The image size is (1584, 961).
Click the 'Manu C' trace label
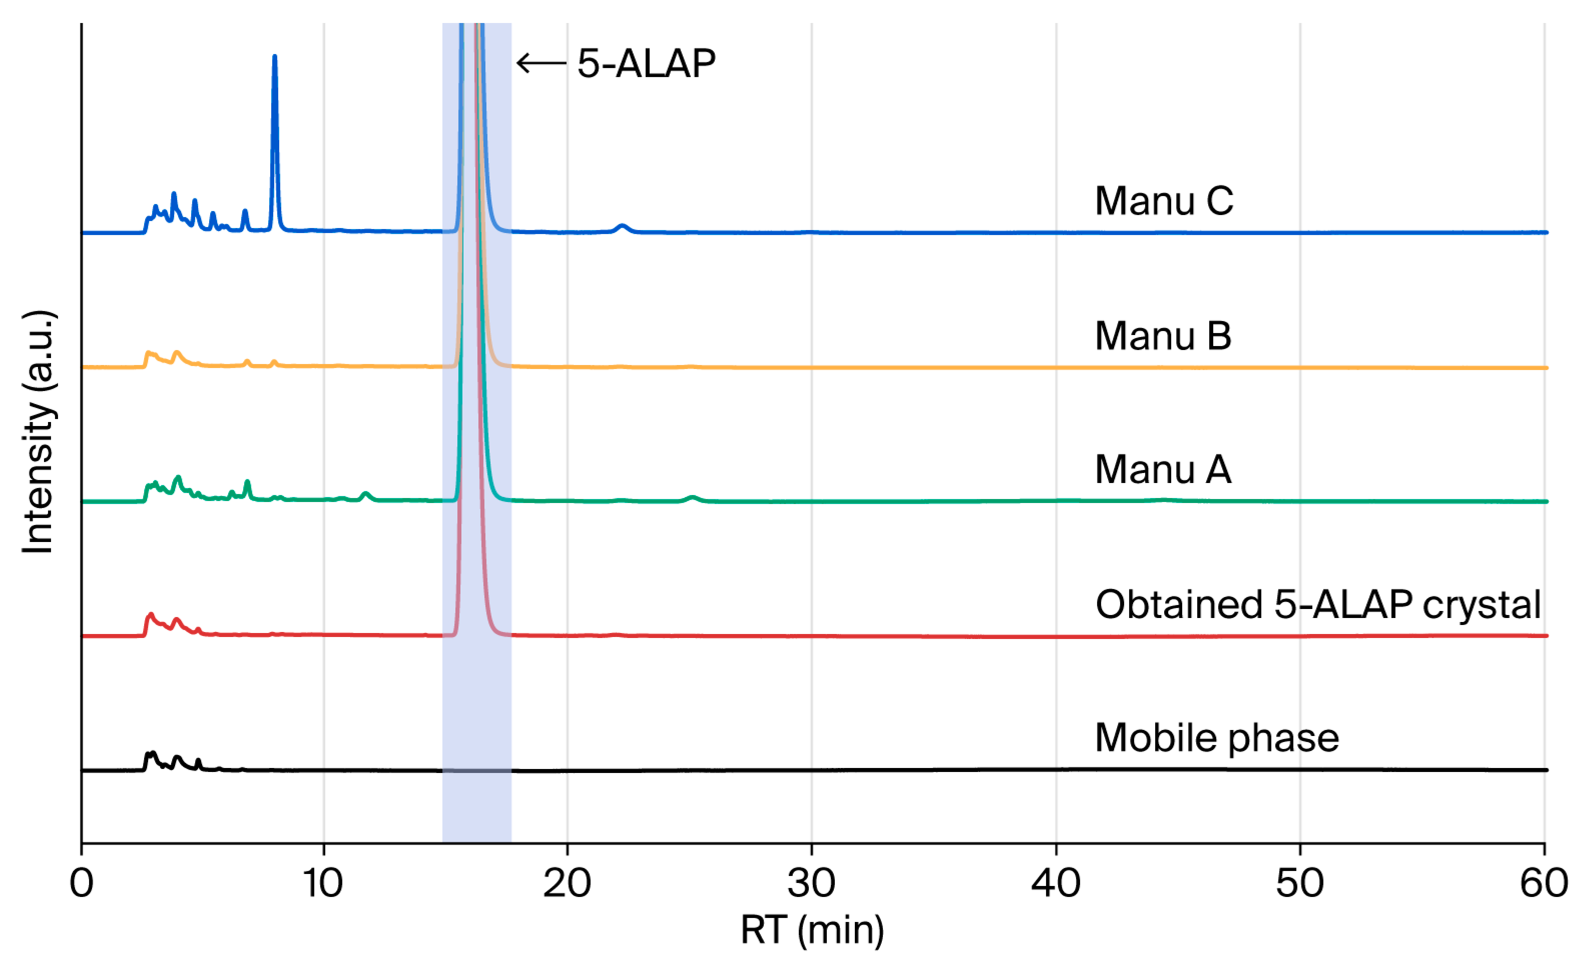pyautogui.click(x=1164, y=200)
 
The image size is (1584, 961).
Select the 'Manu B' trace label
pyautogui.click(x=1163, y=335)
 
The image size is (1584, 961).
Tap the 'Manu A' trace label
pyautogui.click(x=1163, y=469)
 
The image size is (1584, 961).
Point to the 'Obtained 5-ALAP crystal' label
pyautogui.click(x=1318, y=605)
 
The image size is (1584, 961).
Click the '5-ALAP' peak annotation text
pyautogui.click(x=646, y=63)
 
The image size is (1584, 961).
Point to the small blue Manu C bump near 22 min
pyautogui.click(x=622, y=228)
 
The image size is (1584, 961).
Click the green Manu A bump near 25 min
pyautogui.click(x=692, y=498)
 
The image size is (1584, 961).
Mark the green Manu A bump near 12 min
pyautogui.click(x=366, y=496)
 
